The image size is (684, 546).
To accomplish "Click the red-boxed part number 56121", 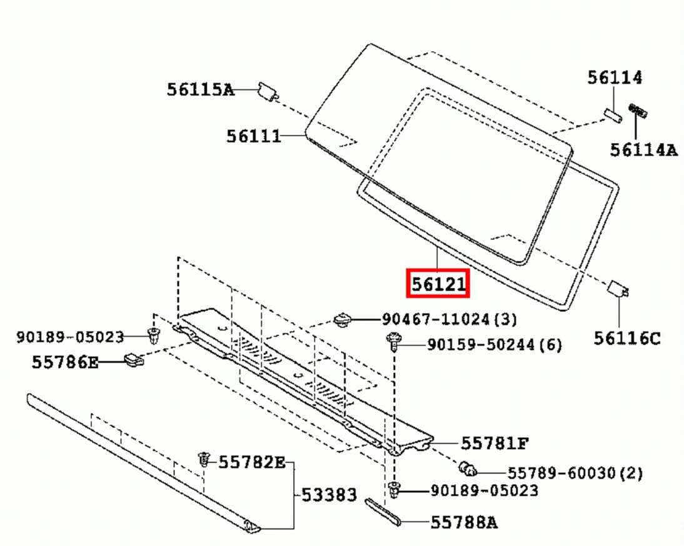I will click(x=438, y=285).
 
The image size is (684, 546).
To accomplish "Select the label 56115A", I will click(x=200, y=89).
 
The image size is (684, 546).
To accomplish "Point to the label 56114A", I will click(x=644, y=150).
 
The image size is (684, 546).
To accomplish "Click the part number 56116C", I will click(x=626, y=339).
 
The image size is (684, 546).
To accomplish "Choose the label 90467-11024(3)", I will click(x=449, y=320).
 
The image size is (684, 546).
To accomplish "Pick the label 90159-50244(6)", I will click(x=494, y=345).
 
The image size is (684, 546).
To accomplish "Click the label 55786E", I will click(x=65, y=362).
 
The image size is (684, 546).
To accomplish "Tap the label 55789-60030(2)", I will click(x=574, y=473).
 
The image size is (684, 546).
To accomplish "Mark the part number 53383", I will click(x=329, y=495).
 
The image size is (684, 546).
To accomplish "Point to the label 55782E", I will click(x=251, y=462).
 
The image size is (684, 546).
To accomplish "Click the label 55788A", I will click(x=463, y=523).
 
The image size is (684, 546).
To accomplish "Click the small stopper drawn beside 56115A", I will click(x=268, y=91).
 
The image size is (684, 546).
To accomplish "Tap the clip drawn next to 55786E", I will click(x=134, y=360).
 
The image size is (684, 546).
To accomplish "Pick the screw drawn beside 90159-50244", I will click(x=395, y=342).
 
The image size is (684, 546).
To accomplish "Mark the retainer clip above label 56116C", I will click(x=618, y=288).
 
